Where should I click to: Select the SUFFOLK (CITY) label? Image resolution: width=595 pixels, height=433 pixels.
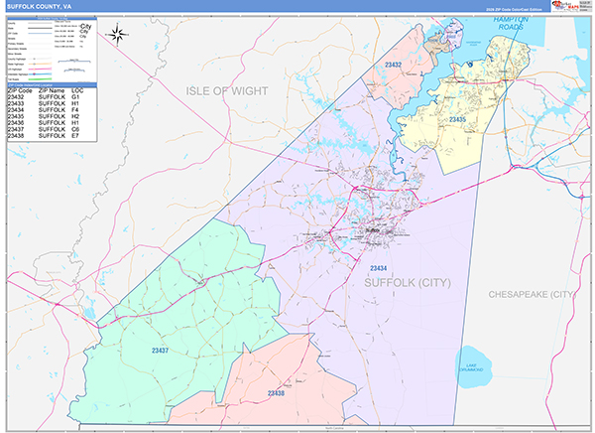[x=408, y=283]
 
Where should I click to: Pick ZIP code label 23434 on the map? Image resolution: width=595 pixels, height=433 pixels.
[x=377, y=269]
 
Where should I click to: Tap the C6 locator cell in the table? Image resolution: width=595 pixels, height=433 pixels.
[x=75, y=128]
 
